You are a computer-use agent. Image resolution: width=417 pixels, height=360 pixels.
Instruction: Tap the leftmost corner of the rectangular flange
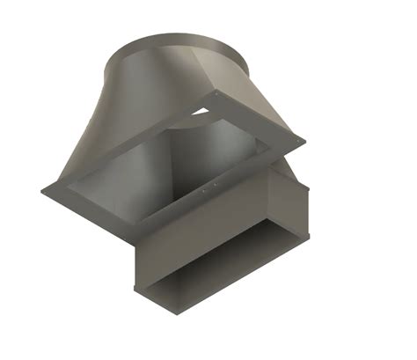click(x=42, y=190)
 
